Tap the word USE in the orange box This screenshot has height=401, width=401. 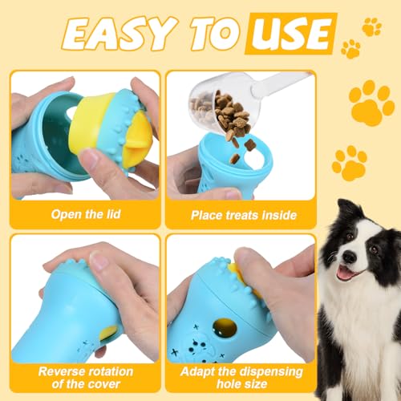[x=290, y=34]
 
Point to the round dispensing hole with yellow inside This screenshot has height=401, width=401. [x=225, y=328]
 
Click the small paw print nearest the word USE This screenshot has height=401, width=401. [x=350, y=49]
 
